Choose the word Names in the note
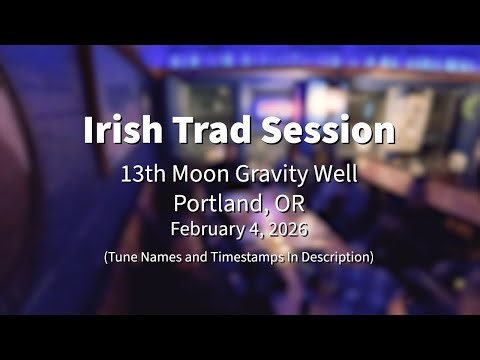point(164,257)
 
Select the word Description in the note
point(336,257)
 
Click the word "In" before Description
point(294,257)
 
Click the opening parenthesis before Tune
point(105,257)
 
